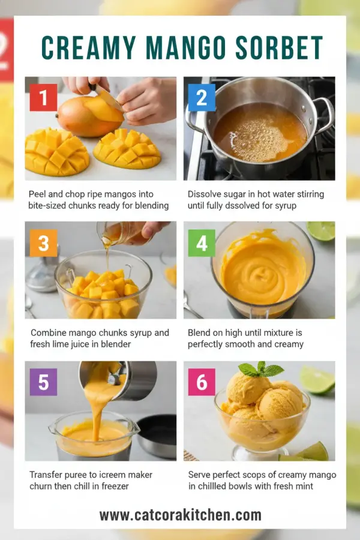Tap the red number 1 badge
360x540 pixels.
pyautogui.click(x=43, y=97)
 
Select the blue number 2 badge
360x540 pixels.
pyautogui.click(x=202, y=97)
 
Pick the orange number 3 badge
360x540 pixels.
pyautogui.click(x=43, y=243)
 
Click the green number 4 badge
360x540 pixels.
pyautogui.click(x=202, y=243)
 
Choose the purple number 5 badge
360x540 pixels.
pyautogui.click(x=43, y=382)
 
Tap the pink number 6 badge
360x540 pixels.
pyautogui.click(x=202, y=382)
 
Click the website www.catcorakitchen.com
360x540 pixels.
pyautogui.click(x=180, y=515)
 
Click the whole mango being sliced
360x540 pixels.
pyautogui.click(x=84, y=116)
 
